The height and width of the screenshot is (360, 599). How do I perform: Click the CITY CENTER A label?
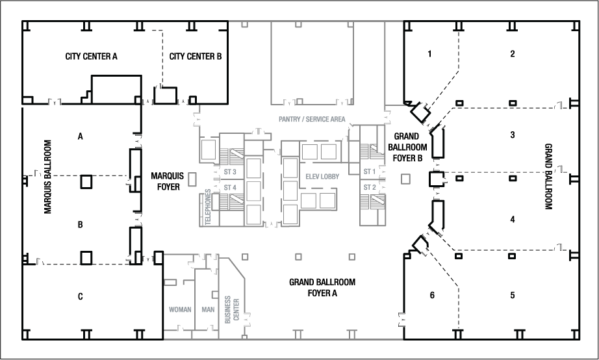91,57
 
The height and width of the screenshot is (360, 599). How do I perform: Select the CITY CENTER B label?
196,57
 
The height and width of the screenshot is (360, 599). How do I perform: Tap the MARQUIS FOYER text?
168,180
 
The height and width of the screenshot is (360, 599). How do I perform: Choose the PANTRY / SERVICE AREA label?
312,119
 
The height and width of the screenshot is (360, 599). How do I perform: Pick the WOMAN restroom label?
180,309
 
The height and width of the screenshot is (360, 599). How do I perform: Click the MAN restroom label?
208,309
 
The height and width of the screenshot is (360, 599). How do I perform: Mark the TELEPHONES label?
209,207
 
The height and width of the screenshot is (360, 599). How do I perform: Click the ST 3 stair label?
229,172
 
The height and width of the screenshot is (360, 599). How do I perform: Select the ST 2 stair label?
370,187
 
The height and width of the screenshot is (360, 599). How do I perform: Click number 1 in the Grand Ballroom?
429,54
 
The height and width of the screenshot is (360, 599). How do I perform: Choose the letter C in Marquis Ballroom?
81,296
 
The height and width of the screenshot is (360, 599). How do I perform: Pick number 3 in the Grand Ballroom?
513,135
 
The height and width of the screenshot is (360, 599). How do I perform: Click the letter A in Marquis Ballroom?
81,136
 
